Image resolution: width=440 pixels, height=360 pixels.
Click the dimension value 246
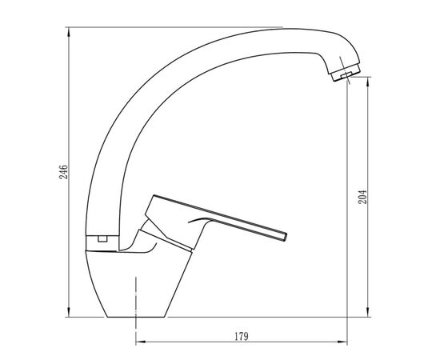pos(63,172)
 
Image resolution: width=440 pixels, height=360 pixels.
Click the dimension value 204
pos(362,197)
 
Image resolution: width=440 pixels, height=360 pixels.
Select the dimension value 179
pos(242,336)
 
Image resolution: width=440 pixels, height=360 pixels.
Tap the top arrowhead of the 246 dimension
pos(69,32)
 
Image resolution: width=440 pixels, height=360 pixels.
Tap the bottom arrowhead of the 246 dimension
pos(69,312)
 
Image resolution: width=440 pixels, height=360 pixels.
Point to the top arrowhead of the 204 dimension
pos(368,82)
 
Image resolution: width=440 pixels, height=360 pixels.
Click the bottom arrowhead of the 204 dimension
pos(368,312)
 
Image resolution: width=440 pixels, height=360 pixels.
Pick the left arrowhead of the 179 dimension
pos(141,342)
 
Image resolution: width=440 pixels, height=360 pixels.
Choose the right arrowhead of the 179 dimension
pos(342,342)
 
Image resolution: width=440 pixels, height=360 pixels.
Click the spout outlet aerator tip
pos(346,72)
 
